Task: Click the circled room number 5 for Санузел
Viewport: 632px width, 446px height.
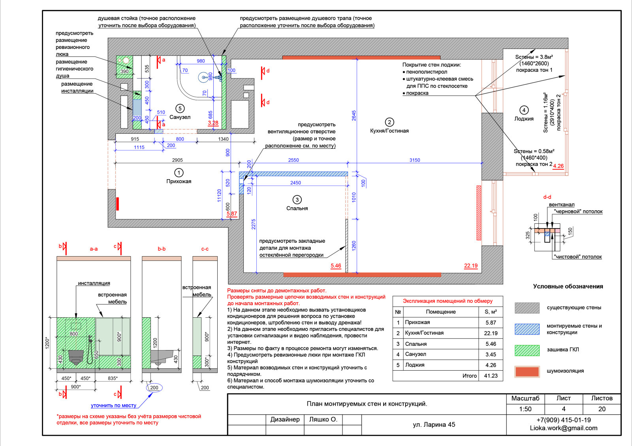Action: click(x=180, y=108)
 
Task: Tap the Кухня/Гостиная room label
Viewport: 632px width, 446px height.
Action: click(x=389, y=131)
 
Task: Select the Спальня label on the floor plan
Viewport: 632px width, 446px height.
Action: click(x=297, y=208)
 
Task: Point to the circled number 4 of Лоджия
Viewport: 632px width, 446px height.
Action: click(x=524, y=110)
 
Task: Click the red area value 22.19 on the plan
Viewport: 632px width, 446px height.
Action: click(x=471, y=266)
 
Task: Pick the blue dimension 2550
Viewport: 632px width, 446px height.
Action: click(x=293, y=160)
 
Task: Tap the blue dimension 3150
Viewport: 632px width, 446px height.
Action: click(x=415, y=160)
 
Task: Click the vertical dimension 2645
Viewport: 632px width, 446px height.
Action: click(x=354, y=116)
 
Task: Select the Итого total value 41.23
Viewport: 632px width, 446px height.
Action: click(x=491, y=376)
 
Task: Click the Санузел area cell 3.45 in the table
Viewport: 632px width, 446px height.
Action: click(x=491, y=354)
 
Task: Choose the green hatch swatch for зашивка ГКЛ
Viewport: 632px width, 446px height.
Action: click(x=527, y=350)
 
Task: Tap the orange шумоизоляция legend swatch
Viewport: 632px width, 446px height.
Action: click(x=527, y=371)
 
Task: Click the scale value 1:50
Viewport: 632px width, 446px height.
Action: click(x=525, y=409)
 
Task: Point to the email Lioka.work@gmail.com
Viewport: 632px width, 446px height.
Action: click(x=563, y=428)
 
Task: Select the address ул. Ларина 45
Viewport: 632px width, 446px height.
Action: click(x=434, y=425)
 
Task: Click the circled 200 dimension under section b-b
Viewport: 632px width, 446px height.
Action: click(x=154, y=388)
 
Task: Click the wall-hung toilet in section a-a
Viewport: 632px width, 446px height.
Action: click(x=76, y=357)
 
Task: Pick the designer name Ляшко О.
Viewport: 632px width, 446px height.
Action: click(x=323, y=420)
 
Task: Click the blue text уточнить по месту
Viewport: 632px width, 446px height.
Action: click(x=113, y=405)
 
